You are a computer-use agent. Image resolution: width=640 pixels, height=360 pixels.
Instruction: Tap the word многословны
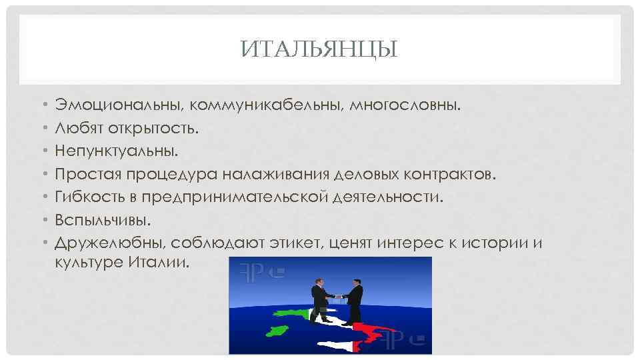pos(405,105)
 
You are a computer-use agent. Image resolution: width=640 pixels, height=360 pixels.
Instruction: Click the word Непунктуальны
pos(117,151)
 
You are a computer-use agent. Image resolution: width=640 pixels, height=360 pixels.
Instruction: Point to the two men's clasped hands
pos(337,296)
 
